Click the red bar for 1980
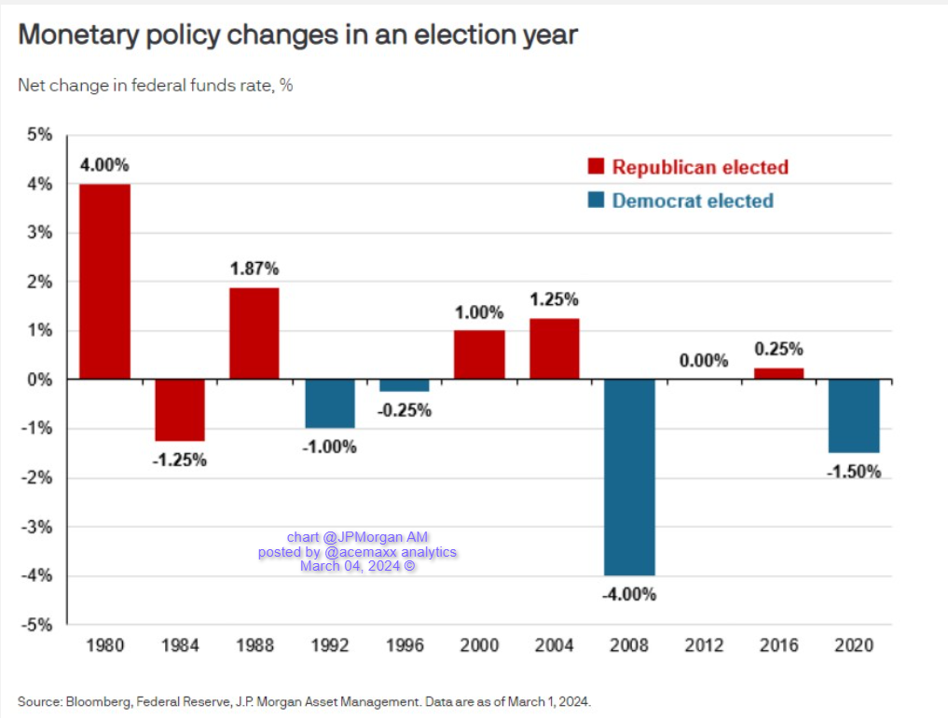(104, 282)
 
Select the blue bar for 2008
(629, 477)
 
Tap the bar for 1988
(254, 334)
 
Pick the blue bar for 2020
(854, 416)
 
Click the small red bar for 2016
(779, 374)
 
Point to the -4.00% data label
(629, 594)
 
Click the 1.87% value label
(254, 269)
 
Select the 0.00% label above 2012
(704, 361)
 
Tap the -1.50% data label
(853, 472)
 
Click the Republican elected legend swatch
(594, 167)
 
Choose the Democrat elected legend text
(693, 200)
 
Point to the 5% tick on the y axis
(40, 135)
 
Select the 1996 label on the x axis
(405, 644)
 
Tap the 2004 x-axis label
(555, 644)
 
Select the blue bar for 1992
(330, 404)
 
